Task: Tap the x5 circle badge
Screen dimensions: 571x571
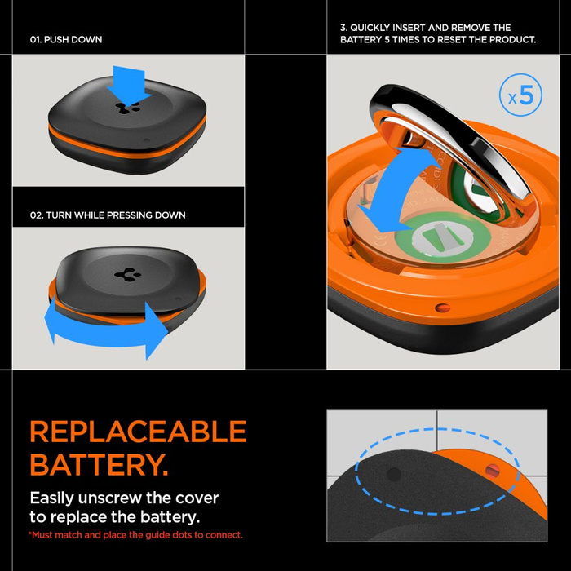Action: coord(520,97)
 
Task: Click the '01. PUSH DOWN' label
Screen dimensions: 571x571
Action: coord(66,39)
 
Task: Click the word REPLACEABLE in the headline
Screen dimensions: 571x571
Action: coord(138,432)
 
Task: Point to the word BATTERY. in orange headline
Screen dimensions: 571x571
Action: coord(99,466)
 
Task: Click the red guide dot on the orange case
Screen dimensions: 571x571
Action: coord(492,469)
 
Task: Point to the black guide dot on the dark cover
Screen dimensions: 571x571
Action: coord(393,474)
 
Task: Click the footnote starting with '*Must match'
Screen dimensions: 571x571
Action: coord(135,535)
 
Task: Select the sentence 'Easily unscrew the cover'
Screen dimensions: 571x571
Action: coord(124,498)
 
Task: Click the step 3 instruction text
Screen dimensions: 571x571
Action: coord(437,33)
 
